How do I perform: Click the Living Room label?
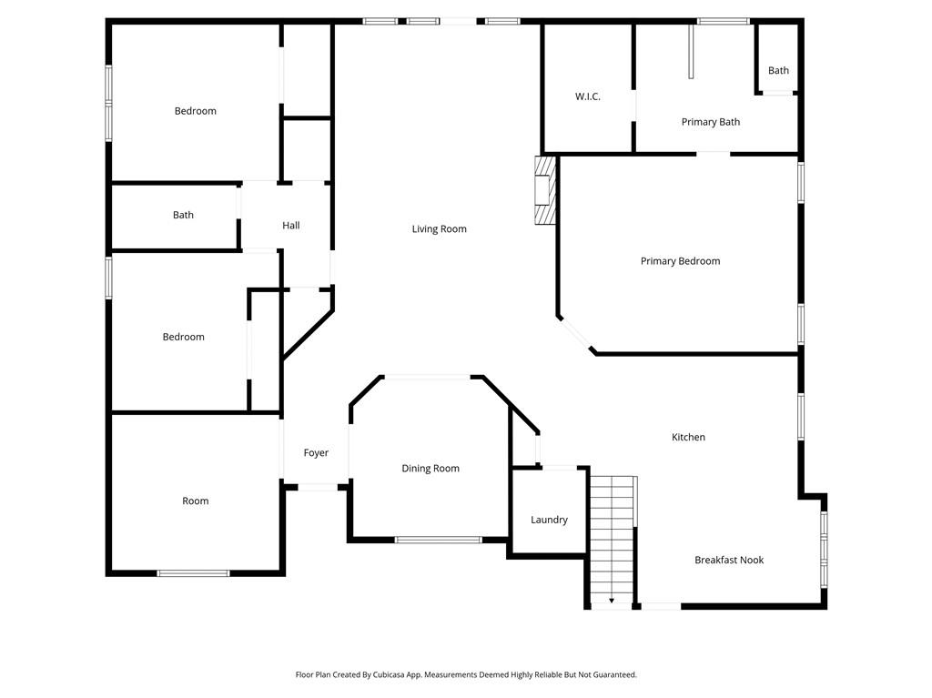point(439,229)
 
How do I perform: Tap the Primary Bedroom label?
point(680,261)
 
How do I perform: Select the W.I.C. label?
point(587,96)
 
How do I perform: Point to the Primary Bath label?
point(710,122)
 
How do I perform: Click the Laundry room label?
point(549,520)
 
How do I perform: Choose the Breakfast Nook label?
point(728,560)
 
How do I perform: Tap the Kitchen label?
point(688,437)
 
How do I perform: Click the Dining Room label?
point(431,469)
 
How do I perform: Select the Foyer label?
point(316,453)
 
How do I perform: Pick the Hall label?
point(290,226)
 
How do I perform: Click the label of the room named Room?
point(195,501)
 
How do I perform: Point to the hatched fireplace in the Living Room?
point(544,189)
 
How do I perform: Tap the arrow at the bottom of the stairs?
point(611,601)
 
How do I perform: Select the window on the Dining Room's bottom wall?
point(438,540)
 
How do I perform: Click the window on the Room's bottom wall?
point(193,573)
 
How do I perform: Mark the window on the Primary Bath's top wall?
point(723,21)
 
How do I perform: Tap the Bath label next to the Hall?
point(183,216)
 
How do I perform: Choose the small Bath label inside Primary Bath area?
point(778,71)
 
